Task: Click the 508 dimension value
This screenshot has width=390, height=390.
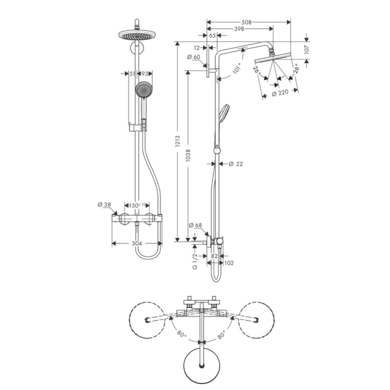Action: (247, 22)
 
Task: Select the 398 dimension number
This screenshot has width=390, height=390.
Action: (239, 29)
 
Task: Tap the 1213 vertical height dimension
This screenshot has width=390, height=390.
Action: (178, 141)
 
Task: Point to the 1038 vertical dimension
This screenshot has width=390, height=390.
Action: (188, 155)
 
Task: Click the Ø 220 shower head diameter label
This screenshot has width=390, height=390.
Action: (280, 93)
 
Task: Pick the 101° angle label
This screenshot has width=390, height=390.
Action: (237, 69)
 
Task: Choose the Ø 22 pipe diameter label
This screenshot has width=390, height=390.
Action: (236, 164)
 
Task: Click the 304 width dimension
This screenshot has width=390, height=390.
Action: (137, 243)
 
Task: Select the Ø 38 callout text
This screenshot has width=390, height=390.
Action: (104, 205)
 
